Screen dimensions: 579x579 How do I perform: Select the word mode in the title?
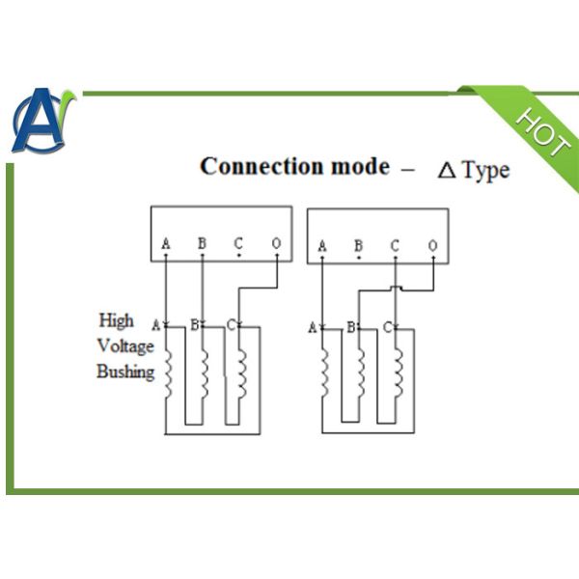coord(360,166)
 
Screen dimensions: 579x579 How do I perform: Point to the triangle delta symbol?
coord(447,171)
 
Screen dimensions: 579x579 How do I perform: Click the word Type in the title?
coord(485,171)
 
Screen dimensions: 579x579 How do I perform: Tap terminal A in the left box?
coord(166,244)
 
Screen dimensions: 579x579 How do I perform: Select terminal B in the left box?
coord(202,243)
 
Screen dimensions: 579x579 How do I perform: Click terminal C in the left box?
coord(238,243)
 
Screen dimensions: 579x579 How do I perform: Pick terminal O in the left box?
coord(276,243)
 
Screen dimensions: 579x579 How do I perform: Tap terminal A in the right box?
coord(321,247)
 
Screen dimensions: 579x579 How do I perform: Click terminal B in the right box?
coord(358,246)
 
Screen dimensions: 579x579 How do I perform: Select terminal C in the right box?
coord(395,246)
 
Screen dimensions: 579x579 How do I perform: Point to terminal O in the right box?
coord(432,246)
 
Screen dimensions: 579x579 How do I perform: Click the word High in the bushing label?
coord(117,320)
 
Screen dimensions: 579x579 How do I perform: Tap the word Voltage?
coord(124,345)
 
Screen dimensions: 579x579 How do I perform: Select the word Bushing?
coord(125,372)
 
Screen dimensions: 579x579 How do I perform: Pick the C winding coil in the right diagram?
coord(398,372)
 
